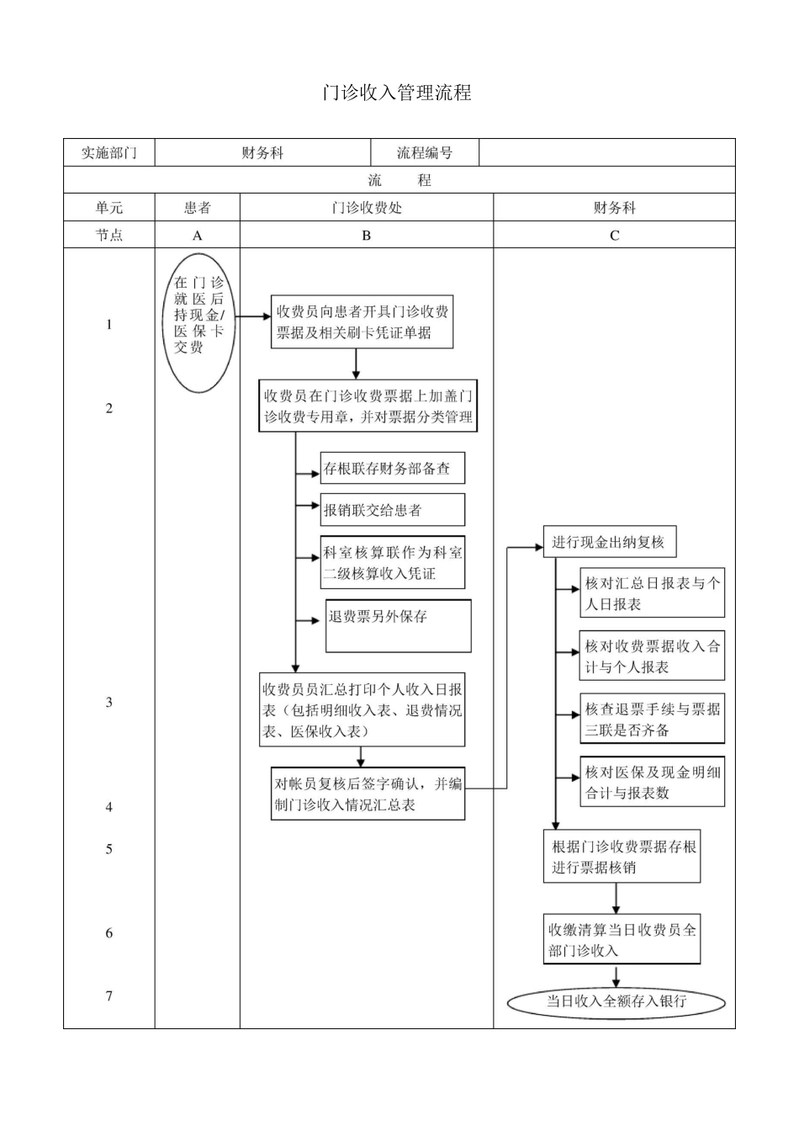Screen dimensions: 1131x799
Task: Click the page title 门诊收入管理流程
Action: tap(397, 93)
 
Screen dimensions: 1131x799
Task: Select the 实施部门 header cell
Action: tap(108, 153)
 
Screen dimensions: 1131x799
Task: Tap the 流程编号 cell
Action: tap(425, 153)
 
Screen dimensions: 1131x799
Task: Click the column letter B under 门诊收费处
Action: tap(366, 236)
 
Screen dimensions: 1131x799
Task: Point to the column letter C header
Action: tap(614, 236)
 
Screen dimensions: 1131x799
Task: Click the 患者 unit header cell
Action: tap(198, 208)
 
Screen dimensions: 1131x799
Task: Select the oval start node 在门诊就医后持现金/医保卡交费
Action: tap(199, 324)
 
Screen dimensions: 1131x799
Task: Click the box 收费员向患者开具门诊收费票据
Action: tap(362, 322)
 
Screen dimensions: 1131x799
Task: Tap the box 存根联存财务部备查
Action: tap(392, 469)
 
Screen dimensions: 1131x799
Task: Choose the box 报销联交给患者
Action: tap(392, 510)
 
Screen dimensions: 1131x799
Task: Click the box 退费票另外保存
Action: tap(398, 625)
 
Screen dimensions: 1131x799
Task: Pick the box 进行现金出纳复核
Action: tap(609, 543)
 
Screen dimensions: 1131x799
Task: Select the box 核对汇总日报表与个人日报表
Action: tap(652, 593)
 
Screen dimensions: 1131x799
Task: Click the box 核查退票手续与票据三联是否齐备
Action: tap(652, 719)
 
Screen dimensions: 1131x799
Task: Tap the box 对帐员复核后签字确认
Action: tap(368, 794)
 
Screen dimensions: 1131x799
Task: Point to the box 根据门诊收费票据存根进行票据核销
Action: tap(622, 857)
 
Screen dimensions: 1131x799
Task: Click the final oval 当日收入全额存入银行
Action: tap(616, 1001)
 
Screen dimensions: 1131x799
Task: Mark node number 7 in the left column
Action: tap(109, 996)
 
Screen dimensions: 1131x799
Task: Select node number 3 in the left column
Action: tap(109, 703)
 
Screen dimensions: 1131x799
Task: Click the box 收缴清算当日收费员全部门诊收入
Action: tap(622, 940)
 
